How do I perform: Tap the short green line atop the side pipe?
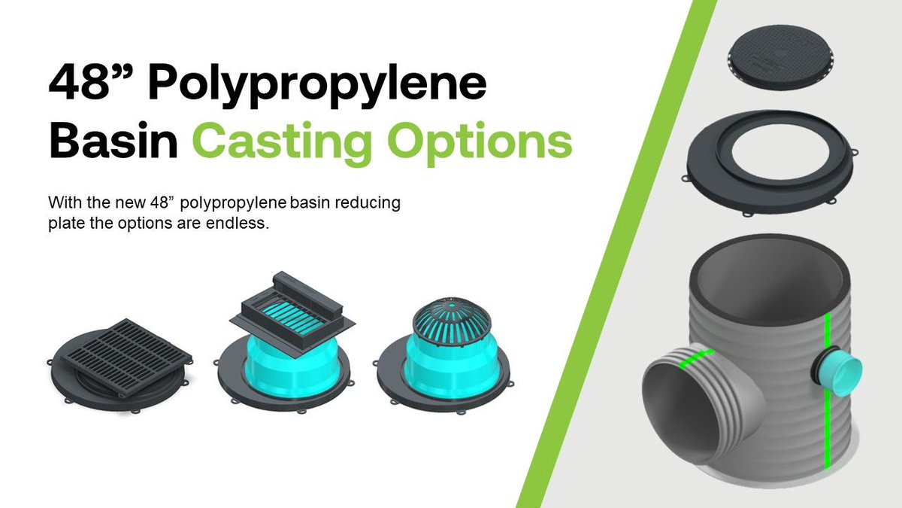coord(696,357)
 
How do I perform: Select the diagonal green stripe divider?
coord(616,256)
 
